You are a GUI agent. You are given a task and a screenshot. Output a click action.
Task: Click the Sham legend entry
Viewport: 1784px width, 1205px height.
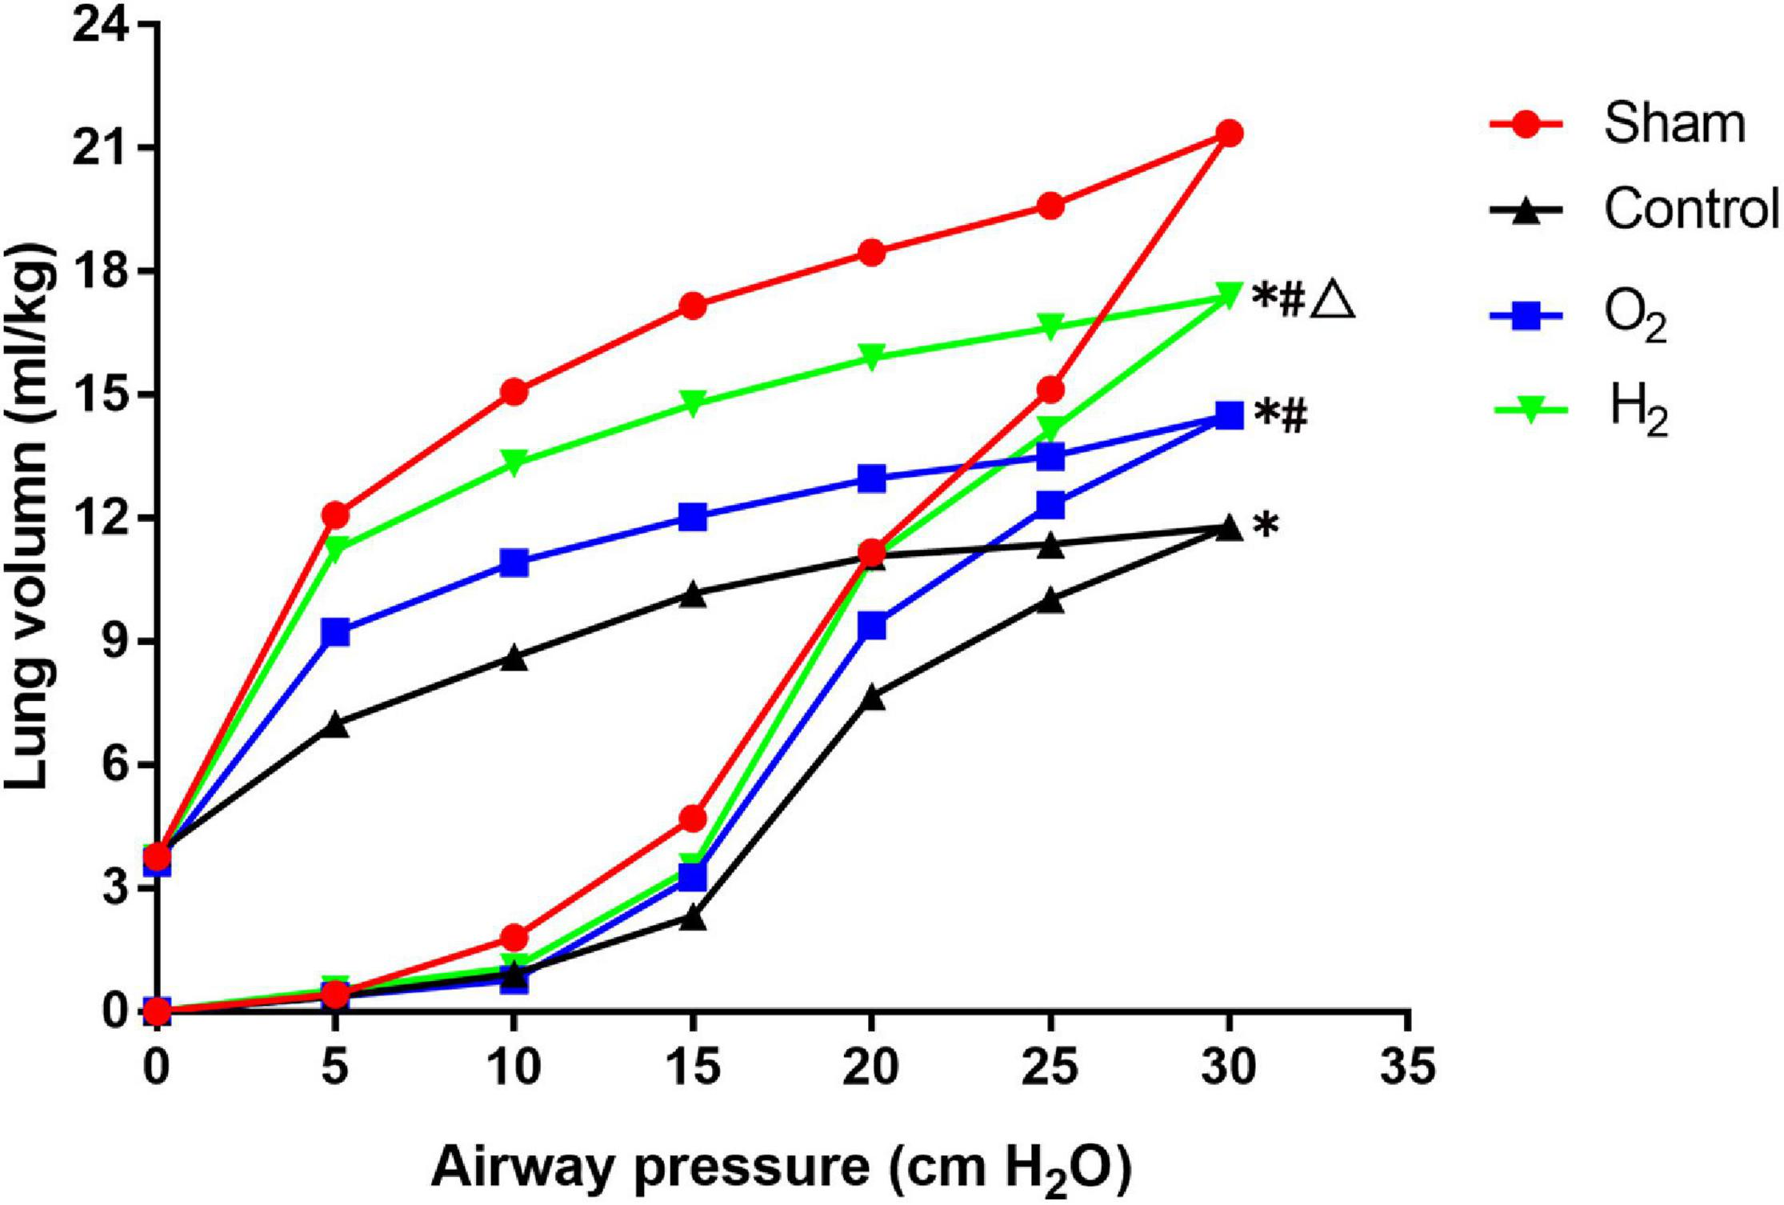1672,125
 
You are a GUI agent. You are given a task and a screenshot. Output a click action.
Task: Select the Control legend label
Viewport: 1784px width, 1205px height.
1690,210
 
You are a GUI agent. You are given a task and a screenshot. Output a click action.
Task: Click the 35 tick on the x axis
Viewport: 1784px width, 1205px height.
1407,1068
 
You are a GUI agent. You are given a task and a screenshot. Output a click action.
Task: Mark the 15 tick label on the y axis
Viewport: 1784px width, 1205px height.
99,395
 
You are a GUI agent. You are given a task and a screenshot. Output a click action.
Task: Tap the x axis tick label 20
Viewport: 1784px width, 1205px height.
871,1068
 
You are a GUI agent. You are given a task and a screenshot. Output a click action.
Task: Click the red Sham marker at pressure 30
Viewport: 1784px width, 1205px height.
1229,133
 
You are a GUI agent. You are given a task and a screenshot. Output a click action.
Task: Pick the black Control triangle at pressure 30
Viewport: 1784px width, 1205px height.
1229,528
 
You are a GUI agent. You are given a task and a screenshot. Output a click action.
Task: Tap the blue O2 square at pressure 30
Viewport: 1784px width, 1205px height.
1229,415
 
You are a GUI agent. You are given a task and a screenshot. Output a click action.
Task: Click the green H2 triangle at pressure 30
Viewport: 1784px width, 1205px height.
1229,294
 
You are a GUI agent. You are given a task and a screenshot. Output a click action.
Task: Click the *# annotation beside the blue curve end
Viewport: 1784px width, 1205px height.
1281,416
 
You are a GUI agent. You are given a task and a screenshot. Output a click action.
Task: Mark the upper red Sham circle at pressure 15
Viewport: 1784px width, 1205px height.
693,306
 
